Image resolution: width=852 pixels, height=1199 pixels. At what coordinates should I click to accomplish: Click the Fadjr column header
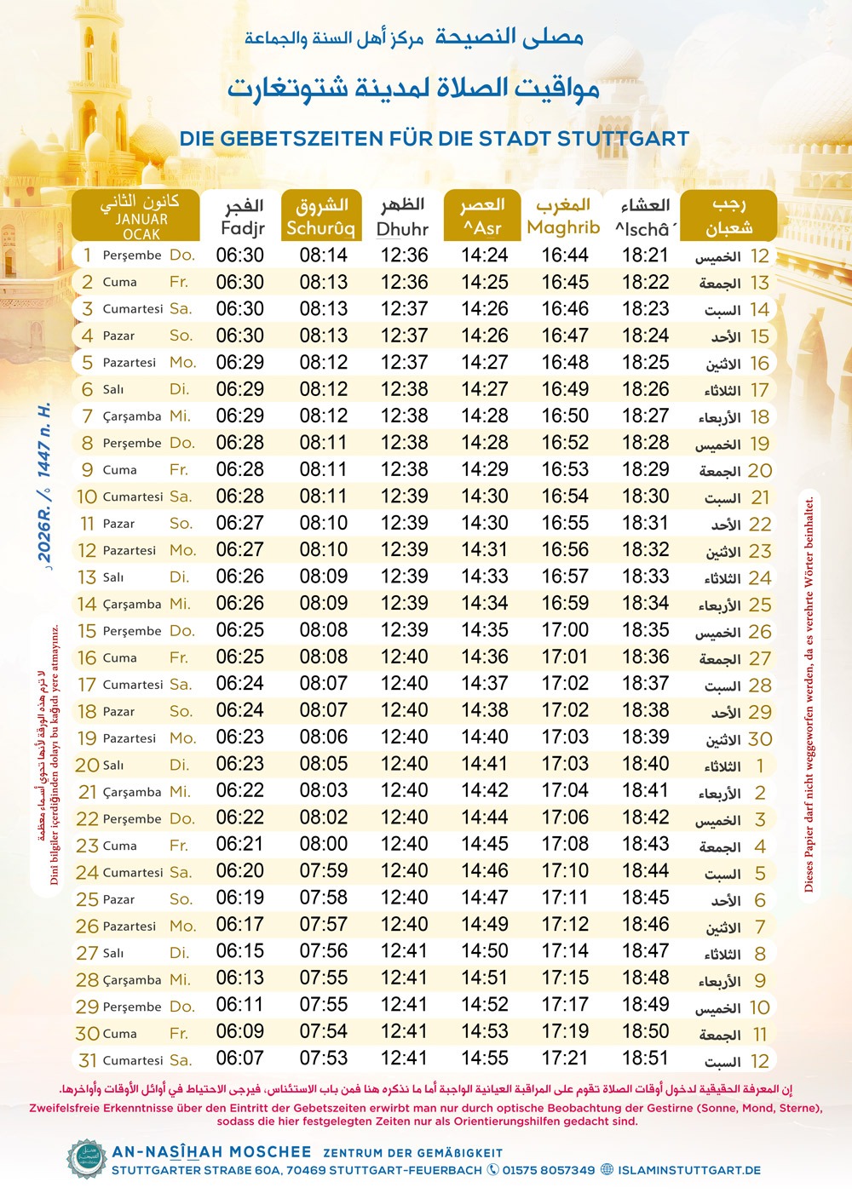243,216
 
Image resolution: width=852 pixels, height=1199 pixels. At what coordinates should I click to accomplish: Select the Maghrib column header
563,216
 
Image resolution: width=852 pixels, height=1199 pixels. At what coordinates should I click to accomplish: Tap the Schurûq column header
320,216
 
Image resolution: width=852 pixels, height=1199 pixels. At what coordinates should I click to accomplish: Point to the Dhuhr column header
402,216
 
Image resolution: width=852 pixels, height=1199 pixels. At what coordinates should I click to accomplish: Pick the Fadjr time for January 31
239,1058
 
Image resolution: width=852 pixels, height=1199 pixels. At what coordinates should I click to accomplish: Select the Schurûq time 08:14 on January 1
323,255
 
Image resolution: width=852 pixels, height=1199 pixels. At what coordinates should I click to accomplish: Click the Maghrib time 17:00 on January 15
565,630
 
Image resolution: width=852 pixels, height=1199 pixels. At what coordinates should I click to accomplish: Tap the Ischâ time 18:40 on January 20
645,764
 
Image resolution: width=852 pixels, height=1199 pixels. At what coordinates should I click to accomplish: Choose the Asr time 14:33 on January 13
484,577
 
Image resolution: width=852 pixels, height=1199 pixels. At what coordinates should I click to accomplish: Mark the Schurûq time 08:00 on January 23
323,844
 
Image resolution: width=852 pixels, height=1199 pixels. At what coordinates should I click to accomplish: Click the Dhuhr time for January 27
404,951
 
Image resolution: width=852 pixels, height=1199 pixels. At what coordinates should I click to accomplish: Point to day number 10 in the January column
87,496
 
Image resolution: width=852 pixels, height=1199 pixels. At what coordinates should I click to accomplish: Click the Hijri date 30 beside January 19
759,739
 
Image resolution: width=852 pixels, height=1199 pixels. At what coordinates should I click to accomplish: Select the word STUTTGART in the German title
623,139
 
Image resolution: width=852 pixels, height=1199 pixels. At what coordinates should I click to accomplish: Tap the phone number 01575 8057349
548,1170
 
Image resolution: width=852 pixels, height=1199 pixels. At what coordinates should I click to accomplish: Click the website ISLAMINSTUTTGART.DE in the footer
689,1170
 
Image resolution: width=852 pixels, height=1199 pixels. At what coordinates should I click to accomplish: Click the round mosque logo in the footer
87,1159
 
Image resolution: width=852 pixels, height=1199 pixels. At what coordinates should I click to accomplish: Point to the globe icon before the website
607,1170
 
